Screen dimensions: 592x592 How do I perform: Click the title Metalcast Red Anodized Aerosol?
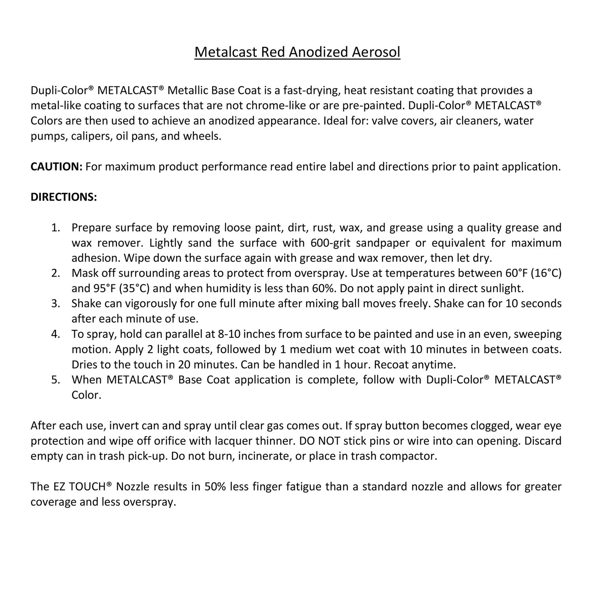click(x=297, y=52)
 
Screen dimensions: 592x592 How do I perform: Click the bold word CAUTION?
click(x=56, y=167)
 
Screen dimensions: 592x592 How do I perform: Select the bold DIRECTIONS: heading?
click(x=64, y=197)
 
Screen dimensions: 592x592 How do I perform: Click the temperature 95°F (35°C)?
click(x=110, y=289)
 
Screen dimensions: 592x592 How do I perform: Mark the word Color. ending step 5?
click(x=86, y=395)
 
